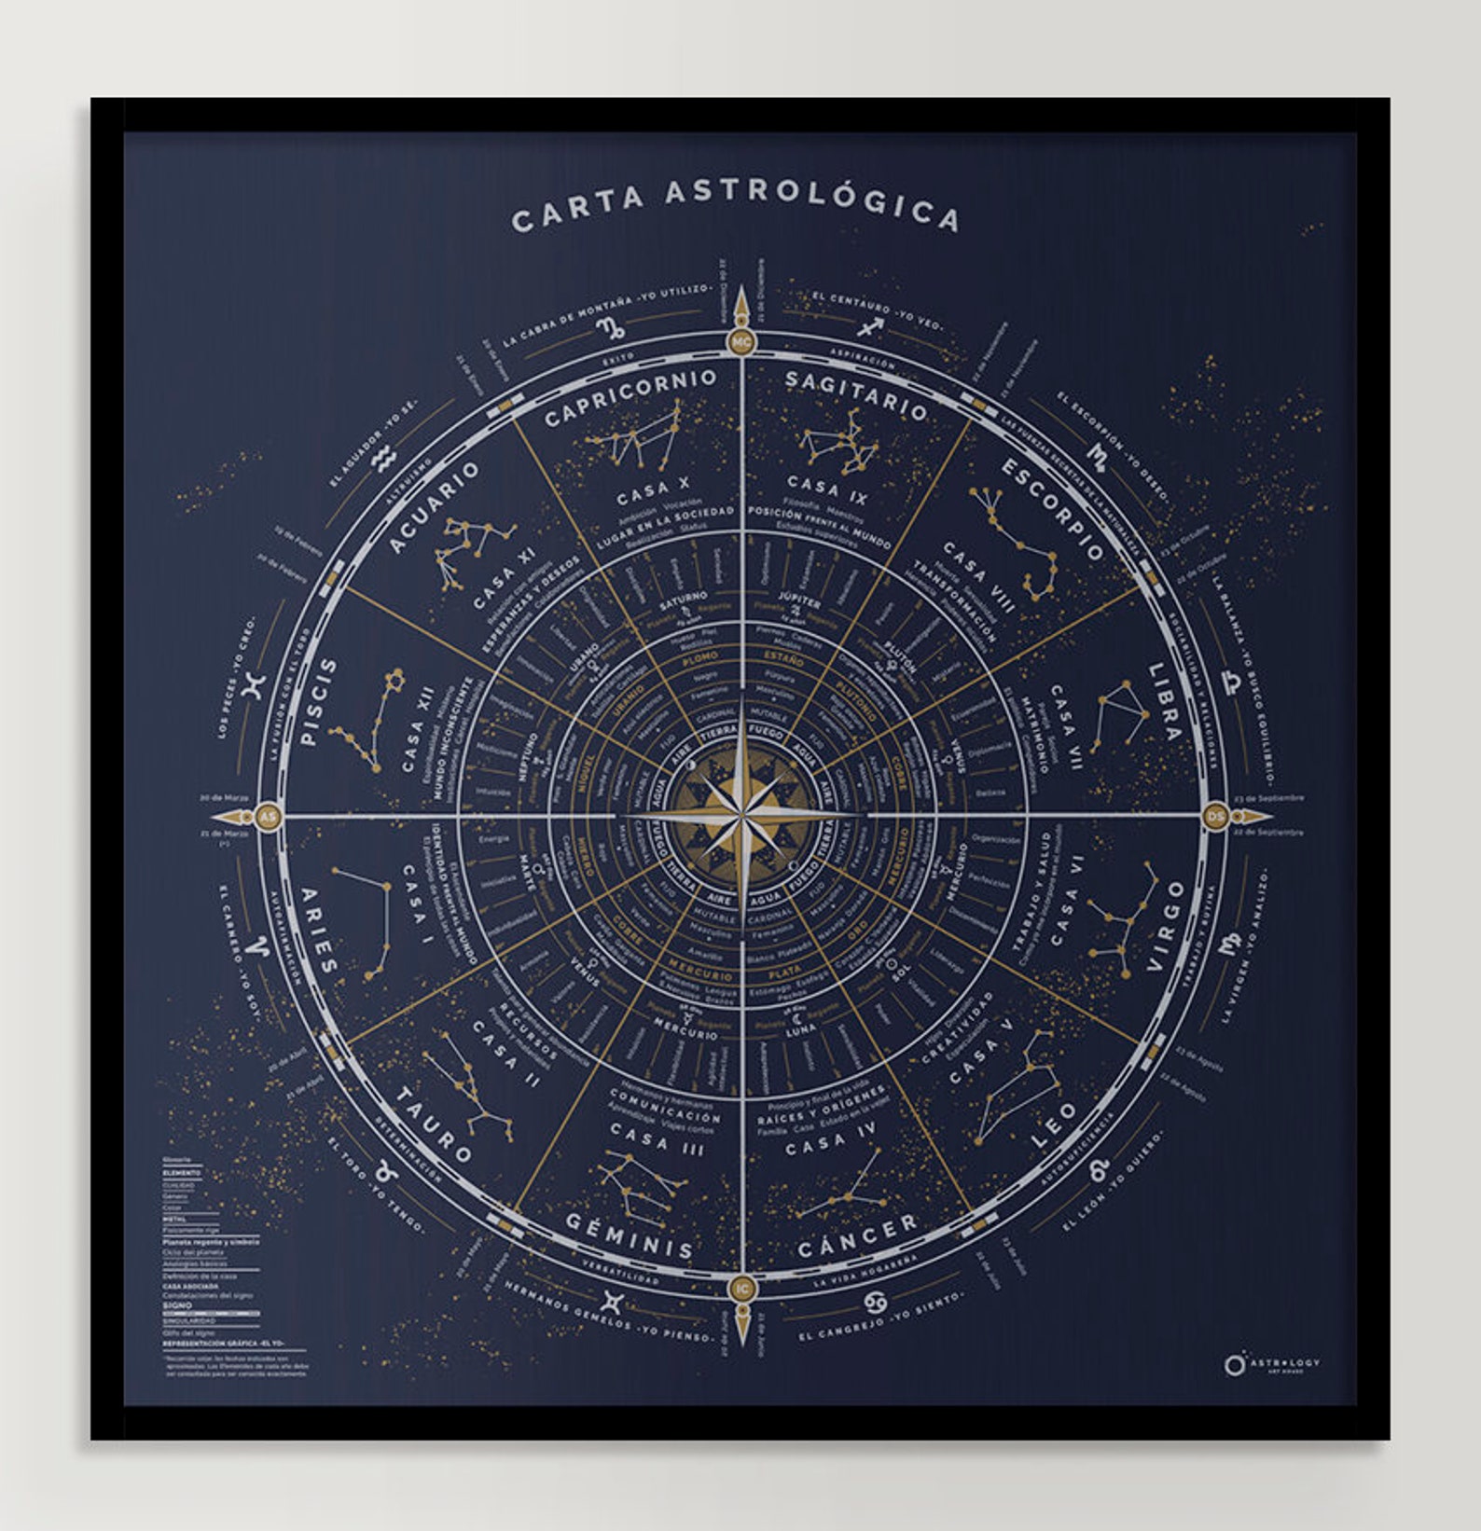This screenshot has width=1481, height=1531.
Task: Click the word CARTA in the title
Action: (578, 210)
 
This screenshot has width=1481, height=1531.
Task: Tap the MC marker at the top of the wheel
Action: (741, 342)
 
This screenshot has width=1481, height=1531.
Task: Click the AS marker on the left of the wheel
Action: (268, 817)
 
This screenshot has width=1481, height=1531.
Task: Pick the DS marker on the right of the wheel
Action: (1215, 816)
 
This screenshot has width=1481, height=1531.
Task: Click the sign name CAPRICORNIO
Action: (630, 395)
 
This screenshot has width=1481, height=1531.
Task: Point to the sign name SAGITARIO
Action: (856, 394)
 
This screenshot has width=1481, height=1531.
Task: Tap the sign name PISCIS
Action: (319, 701)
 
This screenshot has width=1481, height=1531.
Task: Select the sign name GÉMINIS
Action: (630, 1235)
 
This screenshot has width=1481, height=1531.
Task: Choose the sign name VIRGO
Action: (1166, 925)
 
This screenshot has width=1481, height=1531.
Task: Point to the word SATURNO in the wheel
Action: (684, 597)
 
